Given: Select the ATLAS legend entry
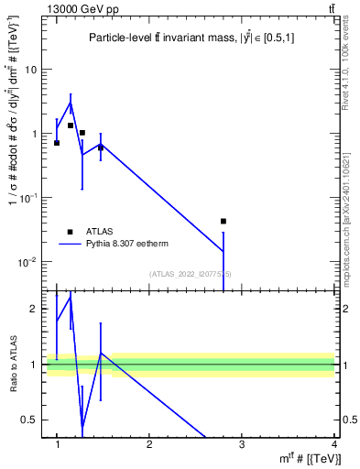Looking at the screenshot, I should (x=82, y=232).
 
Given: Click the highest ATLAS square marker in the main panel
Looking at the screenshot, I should (x=70, y=125).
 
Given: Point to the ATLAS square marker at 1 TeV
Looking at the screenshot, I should (x=57, y=143).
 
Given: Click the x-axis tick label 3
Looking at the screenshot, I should (x=242, y=444).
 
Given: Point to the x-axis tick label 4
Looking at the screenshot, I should (x=334, y=444).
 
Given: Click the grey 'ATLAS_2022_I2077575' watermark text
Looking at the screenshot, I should (x=191, y=274).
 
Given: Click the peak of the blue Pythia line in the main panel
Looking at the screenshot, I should (x=70, y=103).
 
